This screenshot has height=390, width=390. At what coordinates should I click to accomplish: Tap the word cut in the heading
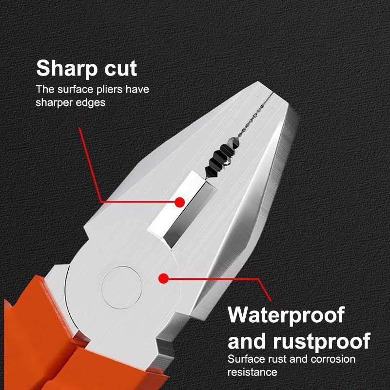point(121,68)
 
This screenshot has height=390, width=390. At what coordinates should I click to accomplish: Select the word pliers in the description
point(109,90)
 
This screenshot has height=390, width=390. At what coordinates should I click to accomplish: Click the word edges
point(91,102)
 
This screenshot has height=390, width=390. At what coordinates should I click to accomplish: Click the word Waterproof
point(286,315)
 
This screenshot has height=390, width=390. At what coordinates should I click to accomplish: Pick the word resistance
point(252,372)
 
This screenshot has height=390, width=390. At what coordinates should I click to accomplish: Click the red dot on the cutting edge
point(179,202)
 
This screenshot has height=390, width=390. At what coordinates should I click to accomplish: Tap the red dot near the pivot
point(163,278)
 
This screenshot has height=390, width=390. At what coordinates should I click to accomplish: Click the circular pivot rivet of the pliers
point(121,287)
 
